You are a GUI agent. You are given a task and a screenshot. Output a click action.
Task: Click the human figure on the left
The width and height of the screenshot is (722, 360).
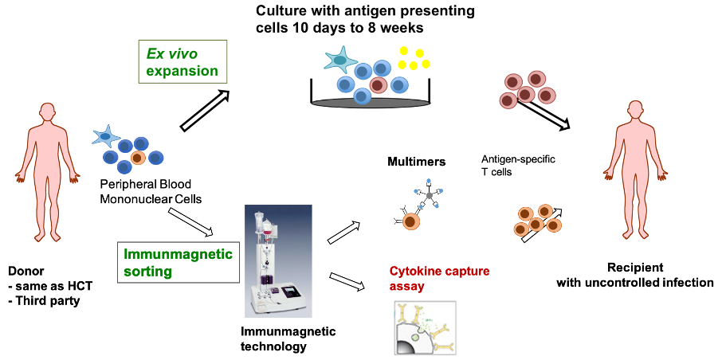pos(48,169)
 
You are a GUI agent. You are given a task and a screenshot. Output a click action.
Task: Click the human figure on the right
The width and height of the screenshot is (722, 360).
pos(635,166)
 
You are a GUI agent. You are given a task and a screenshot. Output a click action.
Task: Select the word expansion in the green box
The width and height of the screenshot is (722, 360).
pos(182,70)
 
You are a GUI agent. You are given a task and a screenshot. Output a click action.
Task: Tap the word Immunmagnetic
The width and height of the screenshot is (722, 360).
pos(178,254)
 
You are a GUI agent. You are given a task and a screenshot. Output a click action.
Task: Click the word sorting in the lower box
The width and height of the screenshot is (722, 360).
pos(148,271)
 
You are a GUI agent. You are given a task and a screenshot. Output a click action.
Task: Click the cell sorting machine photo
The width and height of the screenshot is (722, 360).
pos(278,261)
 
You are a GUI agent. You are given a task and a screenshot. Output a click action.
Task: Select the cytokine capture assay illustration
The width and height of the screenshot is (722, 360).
pos(426,327)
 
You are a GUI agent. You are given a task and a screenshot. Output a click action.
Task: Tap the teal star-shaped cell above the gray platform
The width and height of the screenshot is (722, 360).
pos(340,61)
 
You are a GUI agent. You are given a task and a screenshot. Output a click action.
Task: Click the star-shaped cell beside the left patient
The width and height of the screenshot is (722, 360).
pos(105,136)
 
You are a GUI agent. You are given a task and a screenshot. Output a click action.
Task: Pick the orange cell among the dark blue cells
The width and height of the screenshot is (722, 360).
pos(138,158)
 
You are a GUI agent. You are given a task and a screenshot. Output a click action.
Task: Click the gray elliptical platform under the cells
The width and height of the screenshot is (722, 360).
pos(371,103)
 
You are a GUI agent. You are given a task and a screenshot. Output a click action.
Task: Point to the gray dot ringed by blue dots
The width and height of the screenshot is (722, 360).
pos(430,195)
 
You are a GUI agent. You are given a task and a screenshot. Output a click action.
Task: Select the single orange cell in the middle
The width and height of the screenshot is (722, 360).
pos(411,221)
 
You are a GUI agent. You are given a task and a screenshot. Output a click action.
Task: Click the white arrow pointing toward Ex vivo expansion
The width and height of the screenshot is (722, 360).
pos(205,110)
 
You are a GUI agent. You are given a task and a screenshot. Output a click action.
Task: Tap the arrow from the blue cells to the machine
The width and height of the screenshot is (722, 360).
pos(190,222)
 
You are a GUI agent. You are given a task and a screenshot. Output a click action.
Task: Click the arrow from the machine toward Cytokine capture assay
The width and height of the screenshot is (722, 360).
pos(347,281)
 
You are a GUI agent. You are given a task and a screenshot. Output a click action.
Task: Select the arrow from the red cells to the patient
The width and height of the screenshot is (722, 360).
pos(546,113)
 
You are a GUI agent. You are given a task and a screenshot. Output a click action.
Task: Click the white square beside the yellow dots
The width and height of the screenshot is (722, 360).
pos(436,53)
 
